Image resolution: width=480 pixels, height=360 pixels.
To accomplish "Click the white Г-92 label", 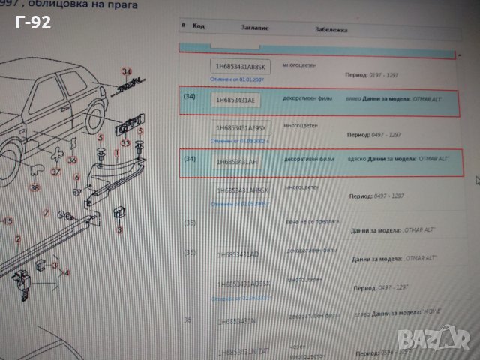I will [x=33, y=23].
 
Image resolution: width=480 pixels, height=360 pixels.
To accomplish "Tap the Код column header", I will [x=199, y=25].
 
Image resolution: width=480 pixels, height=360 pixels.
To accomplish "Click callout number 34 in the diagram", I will [x=126, y=71].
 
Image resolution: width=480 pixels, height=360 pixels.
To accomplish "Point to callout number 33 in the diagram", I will [x=126, y=142].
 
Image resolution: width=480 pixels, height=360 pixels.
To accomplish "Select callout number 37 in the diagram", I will [x=56, y=171].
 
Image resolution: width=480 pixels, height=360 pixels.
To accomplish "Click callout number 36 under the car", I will [x=72, y=159].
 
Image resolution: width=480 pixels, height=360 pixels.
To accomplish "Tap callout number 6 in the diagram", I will [x=76, y=177].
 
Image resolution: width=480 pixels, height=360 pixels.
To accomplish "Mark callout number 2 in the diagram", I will [x=18, y=240].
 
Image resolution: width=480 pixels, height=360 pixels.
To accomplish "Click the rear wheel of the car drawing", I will [x=94, y=118].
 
